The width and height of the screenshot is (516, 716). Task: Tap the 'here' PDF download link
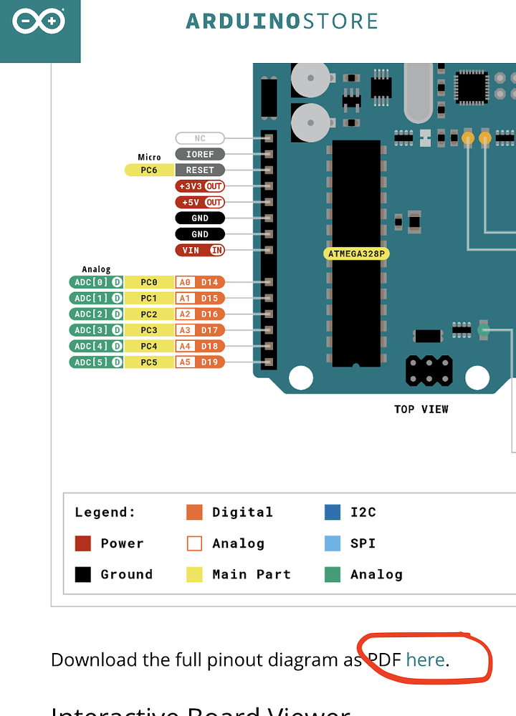(425, 659)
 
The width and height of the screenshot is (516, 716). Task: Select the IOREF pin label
(200, 154)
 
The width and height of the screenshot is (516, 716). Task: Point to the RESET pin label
(200, 170)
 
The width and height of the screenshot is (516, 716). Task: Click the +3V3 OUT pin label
(200, 186)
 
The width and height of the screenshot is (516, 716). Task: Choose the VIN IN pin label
(200, 250)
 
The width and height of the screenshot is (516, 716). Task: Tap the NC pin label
(200, 137)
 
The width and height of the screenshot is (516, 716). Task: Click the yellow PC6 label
(149, 170)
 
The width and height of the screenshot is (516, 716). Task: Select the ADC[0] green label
(96, 282)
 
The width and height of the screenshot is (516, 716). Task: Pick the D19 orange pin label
(209, 362)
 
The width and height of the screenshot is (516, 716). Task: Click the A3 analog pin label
(185, 330)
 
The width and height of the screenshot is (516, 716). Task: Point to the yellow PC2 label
(149, 314)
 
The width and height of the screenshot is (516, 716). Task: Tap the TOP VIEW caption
(421, 410)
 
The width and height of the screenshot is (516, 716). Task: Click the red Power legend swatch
(83, 543)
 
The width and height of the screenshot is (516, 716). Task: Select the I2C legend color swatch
(333, 512)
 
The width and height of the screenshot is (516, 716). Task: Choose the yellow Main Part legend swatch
(194, 574)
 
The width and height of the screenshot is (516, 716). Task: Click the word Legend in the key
(105, 513)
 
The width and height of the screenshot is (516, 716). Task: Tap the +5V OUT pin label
(200, 202)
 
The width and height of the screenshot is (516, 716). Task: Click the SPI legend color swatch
(333, 543)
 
